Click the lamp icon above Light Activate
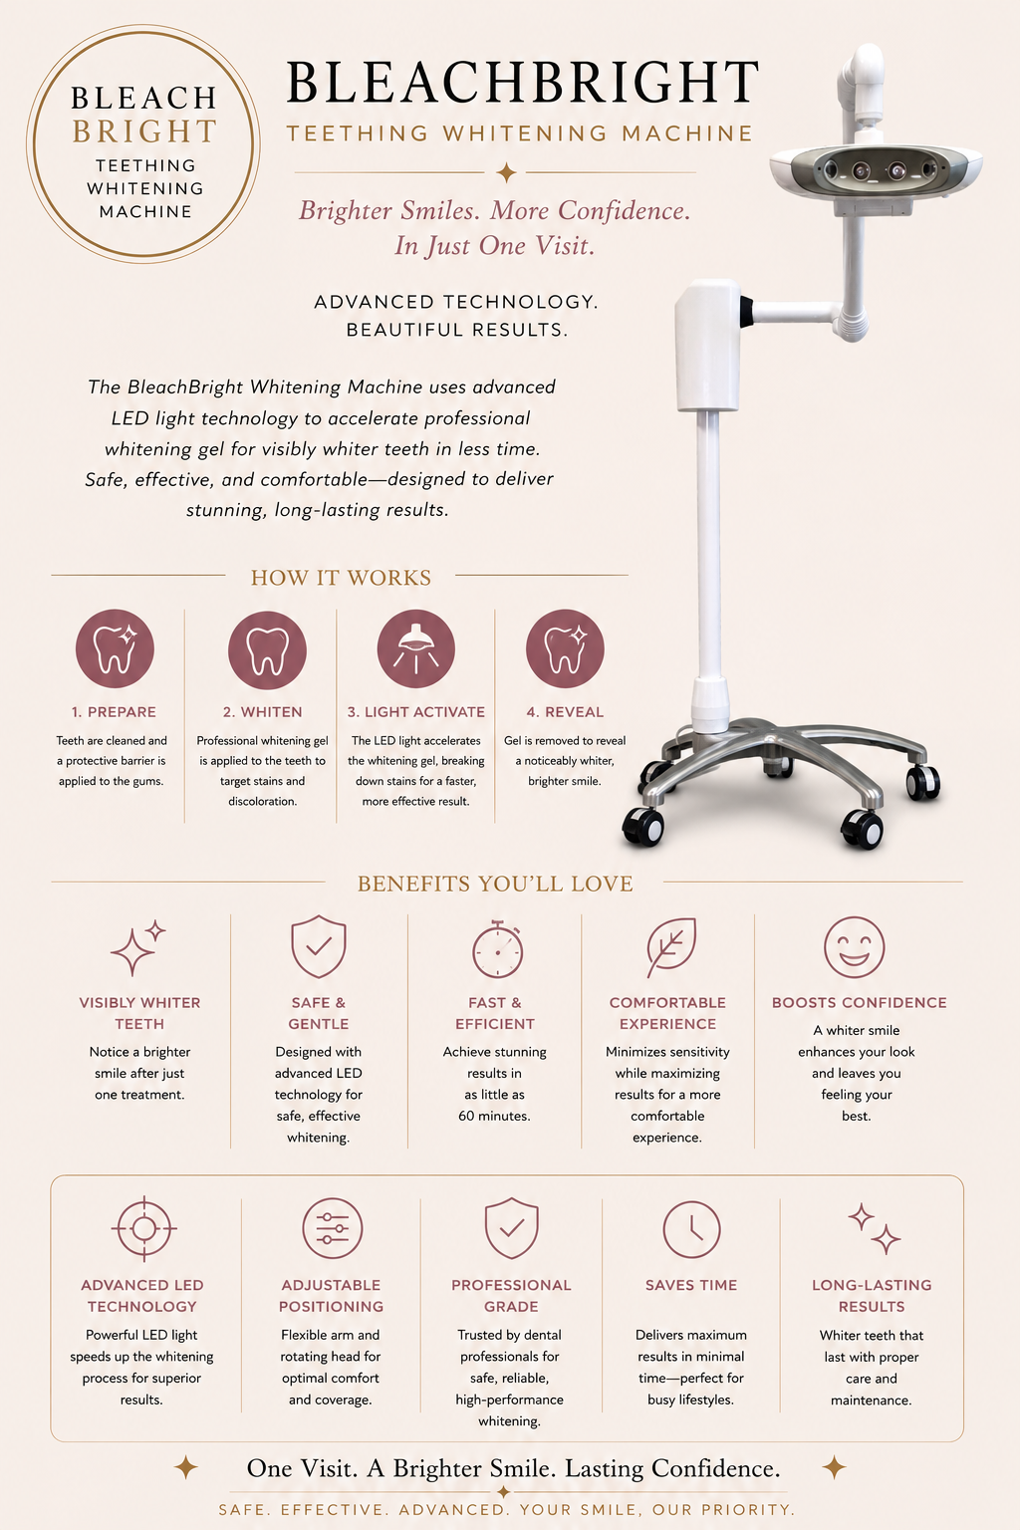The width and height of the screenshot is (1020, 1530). (416, 648)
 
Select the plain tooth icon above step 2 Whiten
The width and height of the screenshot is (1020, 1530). (267, 649)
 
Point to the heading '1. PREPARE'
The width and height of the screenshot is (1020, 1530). (115, 712)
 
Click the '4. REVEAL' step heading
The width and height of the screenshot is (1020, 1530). (565, 712)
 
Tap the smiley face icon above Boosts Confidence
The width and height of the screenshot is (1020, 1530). (854, 947)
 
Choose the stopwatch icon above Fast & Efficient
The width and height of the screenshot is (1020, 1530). (497, 949)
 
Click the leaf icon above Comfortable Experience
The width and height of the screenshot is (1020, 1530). (671, 947)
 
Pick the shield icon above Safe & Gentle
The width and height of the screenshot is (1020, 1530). (319, 946)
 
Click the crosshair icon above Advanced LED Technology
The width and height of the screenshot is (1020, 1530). (143, 1228)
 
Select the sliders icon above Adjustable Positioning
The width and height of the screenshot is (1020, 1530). (332, 1228)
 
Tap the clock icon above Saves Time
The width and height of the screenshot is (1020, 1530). (691, 1229)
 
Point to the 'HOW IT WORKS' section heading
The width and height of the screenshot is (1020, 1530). (341, 578)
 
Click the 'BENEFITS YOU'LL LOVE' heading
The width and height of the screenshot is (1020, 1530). (495, 884)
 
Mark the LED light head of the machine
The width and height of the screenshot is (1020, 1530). (876, 170)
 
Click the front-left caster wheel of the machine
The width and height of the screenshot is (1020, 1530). (642, 827)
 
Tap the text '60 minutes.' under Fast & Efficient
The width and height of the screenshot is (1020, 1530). (495, 1116)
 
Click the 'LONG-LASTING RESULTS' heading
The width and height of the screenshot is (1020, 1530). (872, 1296)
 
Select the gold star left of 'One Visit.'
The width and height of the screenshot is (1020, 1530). (186, 1467)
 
